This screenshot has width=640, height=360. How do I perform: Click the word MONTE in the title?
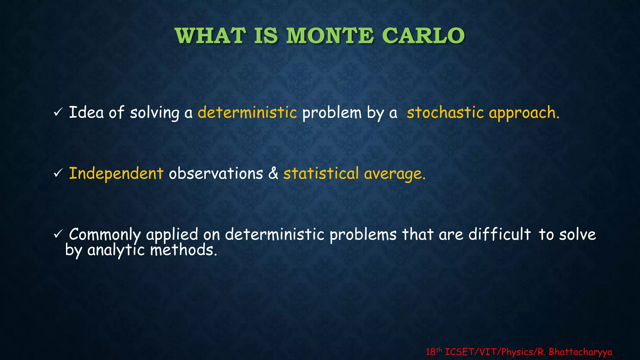coord(330,36)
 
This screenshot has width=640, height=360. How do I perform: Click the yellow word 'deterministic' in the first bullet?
coord(247,112)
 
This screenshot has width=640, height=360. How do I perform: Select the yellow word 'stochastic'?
coord(445,112)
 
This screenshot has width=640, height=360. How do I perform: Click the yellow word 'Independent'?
coord(116,173)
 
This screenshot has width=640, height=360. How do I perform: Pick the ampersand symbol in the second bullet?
coord(273,173)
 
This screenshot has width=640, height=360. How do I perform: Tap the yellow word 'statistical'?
coord(321,173)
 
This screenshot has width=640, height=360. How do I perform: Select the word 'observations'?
coord(216,173)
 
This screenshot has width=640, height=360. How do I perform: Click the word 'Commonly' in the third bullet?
coord(105,235)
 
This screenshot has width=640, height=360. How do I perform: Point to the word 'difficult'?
coord(499,234)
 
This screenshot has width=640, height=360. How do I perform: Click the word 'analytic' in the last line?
coord(116,250)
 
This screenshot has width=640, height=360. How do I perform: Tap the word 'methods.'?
coord(183,250)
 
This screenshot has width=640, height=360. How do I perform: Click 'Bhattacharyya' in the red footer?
coord(580,352)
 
